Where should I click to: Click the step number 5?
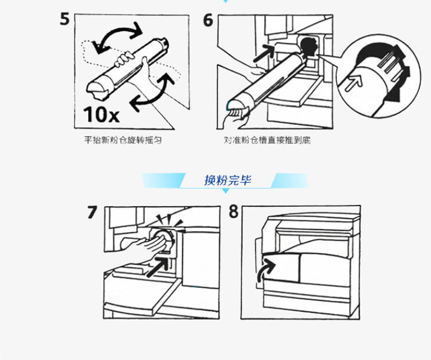coord(65,20)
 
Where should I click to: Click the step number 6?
coord(208,20)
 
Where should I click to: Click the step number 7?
coord(93,212)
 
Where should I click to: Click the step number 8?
coord(234,212)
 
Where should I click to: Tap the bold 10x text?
coord(101,114)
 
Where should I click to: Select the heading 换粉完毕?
coord(227,180)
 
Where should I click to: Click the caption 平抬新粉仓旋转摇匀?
coord(123,140)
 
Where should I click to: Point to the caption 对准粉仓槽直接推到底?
coord(267,140)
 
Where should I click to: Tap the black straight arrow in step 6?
coord(264,53)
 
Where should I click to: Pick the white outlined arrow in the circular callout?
coord(353,83)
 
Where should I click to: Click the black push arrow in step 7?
coord(158,266)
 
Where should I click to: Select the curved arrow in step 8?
coord(264,271)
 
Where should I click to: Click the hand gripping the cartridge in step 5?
coord(124,59)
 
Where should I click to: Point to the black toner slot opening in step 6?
coord(309,46)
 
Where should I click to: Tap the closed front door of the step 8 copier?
coord(280,266)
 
